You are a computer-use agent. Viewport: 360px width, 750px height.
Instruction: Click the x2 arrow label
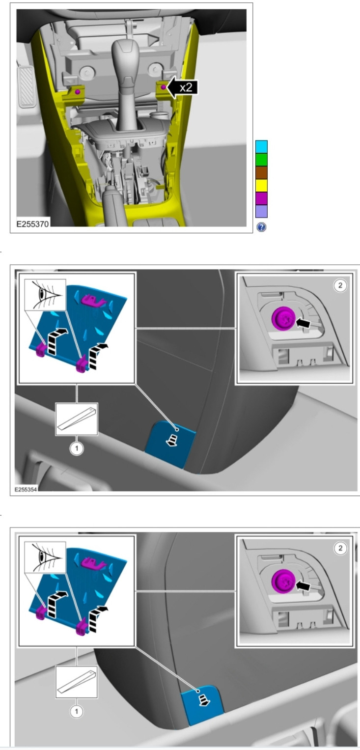coord(183,87)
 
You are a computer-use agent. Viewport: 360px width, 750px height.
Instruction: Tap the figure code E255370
coord(33,223)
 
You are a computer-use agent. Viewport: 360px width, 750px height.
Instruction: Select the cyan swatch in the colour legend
coord(261,147)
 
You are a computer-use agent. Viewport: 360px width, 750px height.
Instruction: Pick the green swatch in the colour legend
coord(261,160)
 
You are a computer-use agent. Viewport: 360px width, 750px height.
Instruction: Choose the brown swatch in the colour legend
coord(261,172)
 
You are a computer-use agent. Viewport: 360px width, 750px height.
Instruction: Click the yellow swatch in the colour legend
coord(261,186)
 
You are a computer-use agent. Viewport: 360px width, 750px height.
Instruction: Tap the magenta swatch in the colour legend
coord(261,198)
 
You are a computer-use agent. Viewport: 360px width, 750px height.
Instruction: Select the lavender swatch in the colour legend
coord(261,211)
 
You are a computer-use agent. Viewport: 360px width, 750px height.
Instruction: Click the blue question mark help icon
coord(261,227)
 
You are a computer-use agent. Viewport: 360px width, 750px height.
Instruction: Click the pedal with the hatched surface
coord(27,86)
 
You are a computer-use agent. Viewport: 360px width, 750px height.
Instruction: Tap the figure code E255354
coord(26,489)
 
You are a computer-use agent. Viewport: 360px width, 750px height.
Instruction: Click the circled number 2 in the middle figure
coord(340,285)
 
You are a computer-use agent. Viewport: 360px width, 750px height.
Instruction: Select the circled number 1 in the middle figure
coord(77,448)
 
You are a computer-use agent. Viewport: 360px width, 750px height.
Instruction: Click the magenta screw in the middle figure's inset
coord(284,318)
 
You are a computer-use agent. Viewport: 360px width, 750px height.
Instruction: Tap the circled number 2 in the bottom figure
coord(340,548)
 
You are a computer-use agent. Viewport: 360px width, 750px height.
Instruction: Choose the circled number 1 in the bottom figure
coord(77,712)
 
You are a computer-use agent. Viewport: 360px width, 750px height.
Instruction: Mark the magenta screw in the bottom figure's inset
coord(284,581)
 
